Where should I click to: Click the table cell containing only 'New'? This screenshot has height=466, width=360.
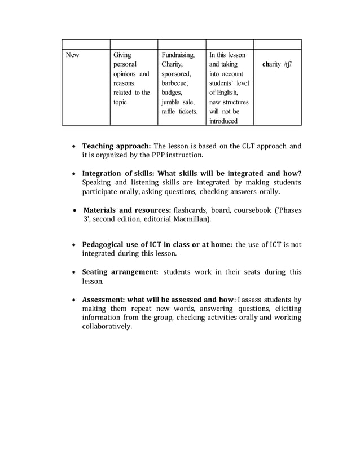tap(72, 55)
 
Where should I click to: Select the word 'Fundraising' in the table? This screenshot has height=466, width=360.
tap(178, 55)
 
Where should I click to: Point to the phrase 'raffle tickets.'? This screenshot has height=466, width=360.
tap(179, 112)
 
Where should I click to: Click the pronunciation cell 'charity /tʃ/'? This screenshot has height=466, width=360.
tap(277, 65)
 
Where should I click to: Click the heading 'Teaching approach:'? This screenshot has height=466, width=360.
tap(116, 146)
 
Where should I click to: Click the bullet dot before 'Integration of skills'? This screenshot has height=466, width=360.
tap(74, 174)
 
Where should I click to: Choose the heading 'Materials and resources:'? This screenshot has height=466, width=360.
tap(128, 210)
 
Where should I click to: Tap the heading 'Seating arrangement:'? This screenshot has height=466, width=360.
tap(120, 272)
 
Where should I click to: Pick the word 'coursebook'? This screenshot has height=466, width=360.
tap(261, 210)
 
